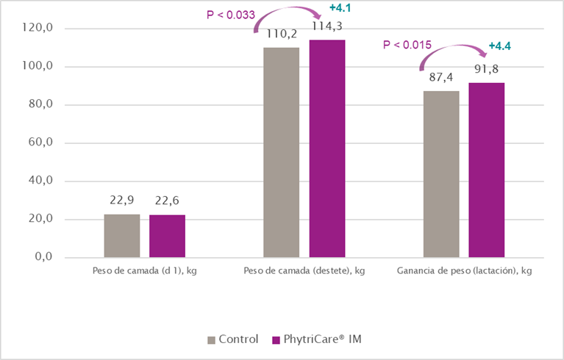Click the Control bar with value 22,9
[122, 235]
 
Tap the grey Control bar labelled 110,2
[282, 152]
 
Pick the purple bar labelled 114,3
[326, 148]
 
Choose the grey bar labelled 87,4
[441, 174]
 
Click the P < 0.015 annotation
[407, 46]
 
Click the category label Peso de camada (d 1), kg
[145, 271]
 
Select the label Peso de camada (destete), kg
[304, 271]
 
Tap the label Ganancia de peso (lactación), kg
[464, 271]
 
